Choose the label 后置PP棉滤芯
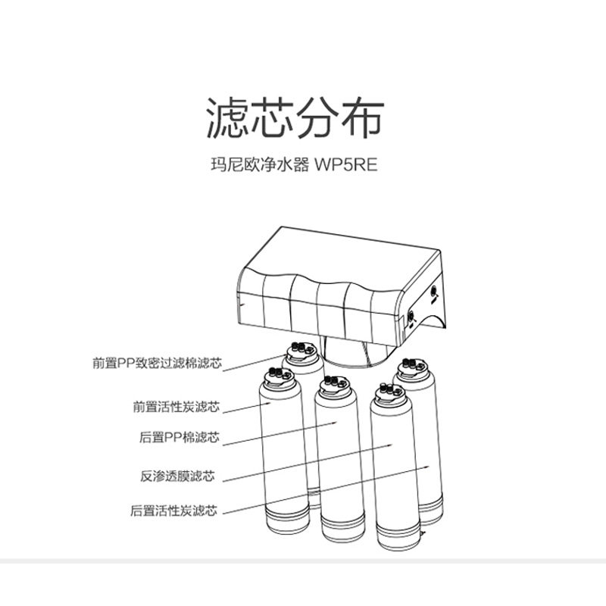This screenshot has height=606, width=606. click(179, 437)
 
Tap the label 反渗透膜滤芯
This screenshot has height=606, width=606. click(177, 476)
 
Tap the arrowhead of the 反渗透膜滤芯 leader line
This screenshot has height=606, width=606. click(388, 446)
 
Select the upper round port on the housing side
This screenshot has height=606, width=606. click(434, 290)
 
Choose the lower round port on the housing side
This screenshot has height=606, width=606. click(411, 314)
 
